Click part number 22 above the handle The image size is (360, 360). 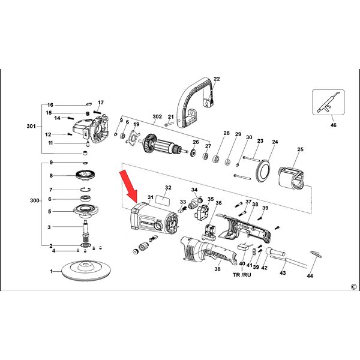point(217,79)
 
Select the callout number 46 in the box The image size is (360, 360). point(334,125)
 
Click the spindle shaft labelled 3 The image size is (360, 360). point(85,228)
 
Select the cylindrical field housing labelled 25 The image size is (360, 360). point(293,179)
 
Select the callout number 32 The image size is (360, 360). point(168,188)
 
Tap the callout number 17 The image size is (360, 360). point(101,103)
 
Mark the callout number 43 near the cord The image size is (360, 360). point(283,273)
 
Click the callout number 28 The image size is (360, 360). point(226,133)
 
